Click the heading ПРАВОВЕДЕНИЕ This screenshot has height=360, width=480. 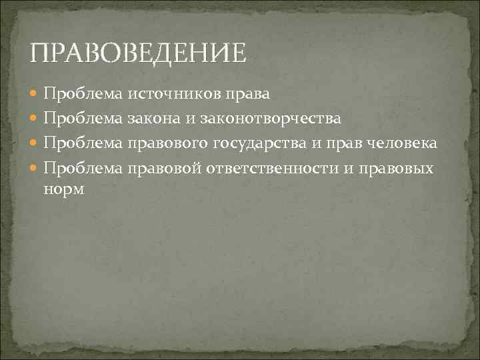138,51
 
